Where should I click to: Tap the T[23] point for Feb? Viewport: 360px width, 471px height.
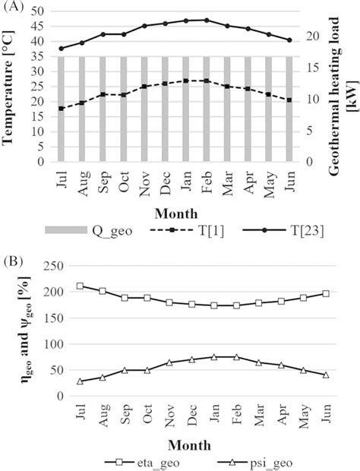[x=206, y=20]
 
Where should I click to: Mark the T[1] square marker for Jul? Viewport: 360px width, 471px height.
[x=61, y=109]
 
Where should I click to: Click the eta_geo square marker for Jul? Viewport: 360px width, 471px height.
[x=81, y=286]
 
